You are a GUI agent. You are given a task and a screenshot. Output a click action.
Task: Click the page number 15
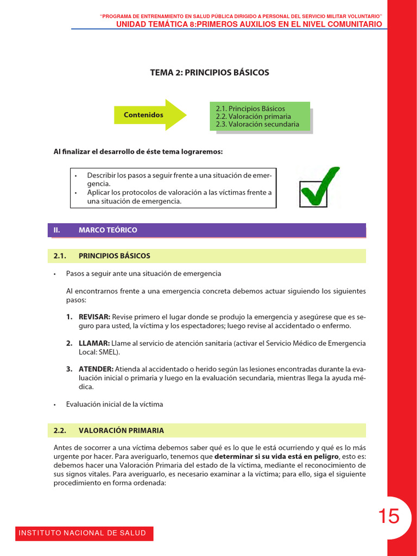389,516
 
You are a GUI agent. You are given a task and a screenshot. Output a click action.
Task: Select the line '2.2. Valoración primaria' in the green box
253,116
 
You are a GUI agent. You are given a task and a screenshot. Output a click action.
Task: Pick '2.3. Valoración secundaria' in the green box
257,124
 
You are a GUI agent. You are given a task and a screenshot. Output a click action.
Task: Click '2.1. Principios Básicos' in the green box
250,109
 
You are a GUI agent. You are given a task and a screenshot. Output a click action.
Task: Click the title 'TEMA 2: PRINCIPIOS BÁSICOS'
210,72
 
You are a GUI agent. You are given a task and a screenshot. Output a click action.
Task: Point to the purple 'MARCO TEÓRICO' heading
108,230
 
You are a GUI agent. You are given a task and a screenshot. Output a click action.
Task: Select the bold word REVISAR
94,317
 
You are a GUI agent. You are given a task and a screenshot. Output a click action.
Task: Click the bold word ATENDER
96,369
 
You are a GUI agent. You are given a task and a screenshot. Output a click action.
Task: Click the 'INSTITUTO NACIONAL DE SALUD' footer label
83,533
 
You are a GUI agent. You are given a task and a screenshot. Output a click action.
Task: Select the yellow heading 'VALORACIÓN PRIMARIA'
121,431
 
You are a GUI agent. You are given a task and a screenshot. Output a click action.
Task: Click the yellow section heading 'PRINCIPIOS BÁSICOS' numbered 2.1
115,256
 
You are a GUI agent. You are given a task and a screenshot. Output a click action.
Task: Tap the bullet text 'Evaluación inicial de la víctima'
114,404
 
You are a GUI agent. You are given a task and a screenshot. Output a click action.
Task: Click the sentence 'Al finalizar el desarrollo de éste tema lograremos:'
138,151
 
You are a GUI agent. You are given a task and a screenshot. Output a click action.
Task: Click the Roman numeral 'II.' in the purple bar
56,230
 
